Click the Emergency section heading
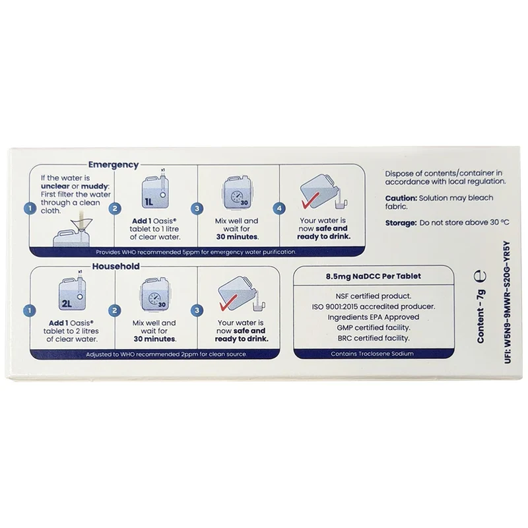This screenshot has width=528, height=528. point(113,164)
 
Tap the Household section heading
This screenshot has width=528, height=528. point(116,267)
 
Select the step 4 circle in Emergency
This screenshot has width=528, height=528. point(279,209)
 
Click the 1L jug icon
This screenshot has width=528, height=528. point(155,191)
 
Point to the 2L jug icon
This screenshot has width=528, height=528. point(72,292)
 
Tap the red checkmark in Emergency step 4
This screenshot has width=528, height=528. point(308,203)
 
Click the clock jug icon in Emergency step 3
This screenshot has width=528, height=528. point(237,192)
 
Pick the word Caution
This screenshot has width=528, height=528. point(401,198)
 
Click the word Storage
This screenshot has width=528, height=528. point(401,223)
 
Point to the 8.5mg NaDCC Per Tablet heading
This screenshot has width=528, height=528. point(374,277)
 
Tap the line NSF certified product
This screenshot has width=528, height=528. point(374,296)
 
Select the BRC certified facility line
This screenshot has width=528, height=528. point(374,338)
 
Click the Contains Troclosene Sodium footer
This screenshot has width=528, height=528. point(372,354)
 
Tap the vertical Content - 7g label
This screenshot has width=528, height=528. point(480,317)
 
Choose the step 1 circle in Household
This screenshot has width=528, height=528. point(30,310)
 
